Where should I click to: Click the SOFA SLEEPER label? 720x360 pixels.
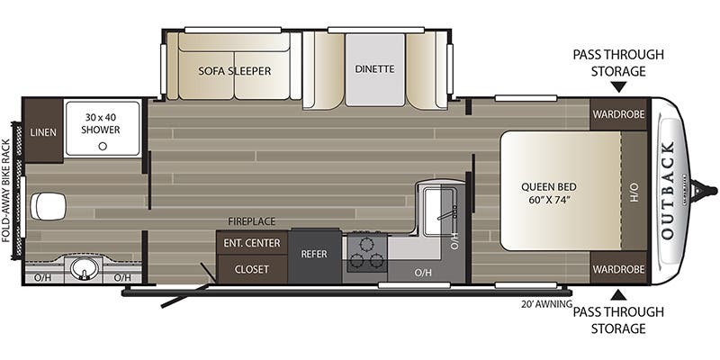[x=235, y=70]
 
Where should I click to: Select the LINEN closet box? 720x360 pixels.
[x=43, y=132]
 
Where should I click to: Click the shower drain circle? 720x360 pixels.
[x=103, y=146]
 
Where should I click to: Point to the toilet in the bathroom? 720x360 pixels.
[x=47, y=206]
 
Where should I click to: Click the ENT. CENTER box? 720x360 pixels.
[x=251, y=243]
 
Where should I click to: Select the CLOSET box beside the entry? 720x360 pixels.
[x=251, y=268]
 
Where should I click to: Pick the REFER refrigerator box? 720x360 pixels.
[x=314, y=256]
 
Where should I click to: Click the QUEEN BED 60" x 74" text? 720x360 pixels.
[x=546, y=193]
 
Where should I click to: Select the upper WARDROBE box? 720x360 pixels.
[x=618, y=114]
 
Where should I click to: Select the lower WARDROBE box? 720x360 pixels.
[x=618, y=268]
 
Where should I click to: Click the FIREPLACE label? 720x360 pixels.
[x=251, y=220]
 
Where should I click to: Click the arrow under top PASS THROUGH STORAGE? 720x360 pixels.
[x=618, y=87]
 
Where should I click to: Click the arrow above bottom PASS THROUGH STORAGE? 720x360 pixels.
[x=618, y=294]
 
